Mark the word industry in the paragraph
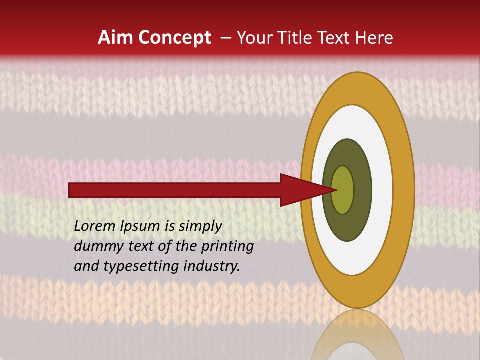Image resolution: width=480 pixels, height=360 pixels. coord(211,266)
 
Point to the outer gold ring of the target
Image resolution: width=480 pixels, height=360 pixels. coord(405,190)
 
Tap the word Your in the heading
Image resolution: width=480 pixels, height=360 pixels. coord(253,38)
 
